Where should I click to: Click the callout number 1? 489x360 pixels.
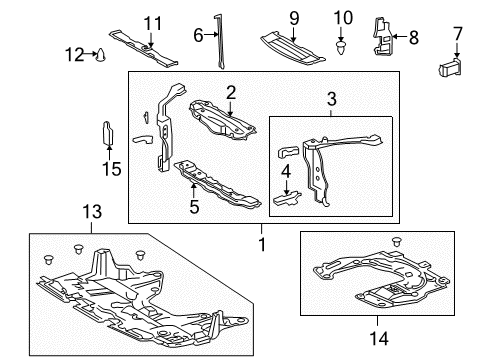point(262,242)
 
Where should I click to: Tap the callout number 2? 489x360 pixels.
point(230,92)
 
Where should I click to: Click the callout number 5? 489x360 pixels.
point(195,208)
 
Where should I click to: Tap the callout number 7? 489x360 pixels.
point(458,34)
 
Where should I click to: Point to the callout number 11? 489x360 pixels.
point(151,23)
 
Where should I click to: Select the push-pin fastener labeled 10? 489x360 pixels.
point(342,44)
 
